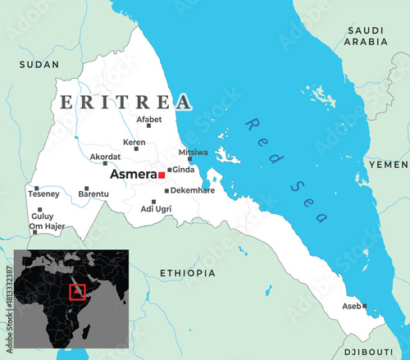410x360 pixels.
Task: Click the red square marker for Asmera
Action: [x=162, y=175]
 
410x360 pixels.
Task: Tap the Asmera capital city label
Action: [x=133, y=175]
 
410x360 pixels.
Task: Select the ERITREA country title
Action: [x=125, y=103]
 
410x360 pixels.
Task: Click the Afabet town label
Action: [x=149, y=120]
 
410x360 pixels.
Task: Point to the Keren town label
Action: [x=134, y=142]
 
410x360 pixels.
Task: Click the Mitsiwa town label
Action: [x=194, y=152]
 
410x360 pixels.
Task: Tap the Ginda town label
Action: [x=184, y=170]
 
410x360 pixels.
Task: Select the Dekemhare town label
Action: [x=193, y=190]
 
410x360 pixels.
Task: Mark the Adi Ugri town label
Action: [x=157, y=209]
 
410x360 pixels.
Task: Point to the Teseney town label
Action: [x=43, y=194]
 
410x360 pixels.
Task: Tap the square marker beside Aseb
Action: [x=365, y=307]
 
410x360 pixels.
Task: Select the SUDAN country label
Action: [x=39, y=64]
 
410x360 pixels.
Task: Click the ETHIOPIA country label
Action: [x=188, y=272]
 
